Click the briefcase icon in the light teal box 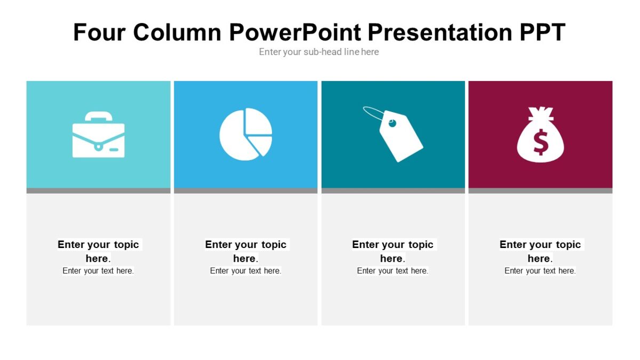pos(98,136)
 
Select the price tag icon pos(397,135)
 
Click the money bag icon pos(540,135)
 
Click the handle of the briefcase pos(98,116)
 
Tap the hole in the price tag pos(393,124)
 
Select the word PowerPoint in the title pos(295,33)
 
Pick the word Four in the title pos(99,33)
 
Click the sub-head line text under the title pos(319,52)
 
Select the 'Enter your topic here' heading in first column pos(98,251)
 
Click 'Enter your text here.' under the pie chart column pos(245,271)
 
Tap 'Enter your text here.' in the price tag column pos(393,271)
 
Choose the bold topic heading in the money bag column pos(540,251)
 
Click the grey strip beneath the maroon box pos(540,190)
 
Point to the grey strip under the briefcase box pos(98,190)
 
